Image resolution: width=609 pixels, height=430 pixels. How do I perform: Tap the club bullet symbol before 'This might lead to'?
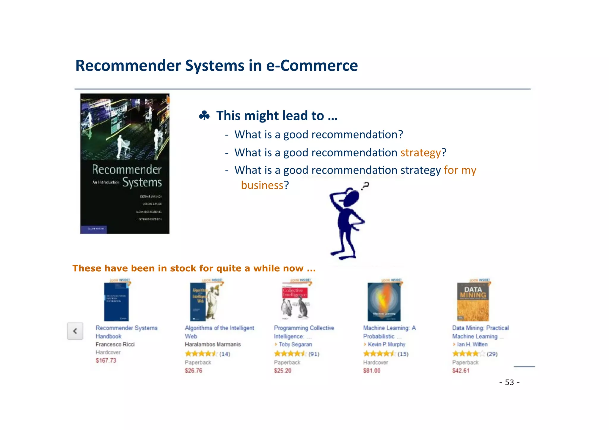[x=204, y=116]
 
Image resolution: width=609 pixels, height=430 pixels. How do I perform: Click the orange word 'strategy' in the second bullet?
[x=420, y=152]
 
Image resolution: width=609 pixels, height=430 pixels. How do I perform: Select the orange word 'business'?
[x=262, y=185]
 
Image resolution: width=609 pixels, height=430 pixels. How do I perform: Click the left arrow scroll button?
[x=75, y=331]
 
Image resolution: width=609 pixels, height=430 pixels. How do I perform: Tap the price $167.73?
[x=106, y=360]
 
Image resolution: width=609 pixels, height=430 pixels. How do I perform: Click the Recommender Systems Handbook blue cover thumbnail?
[x=116, y=301]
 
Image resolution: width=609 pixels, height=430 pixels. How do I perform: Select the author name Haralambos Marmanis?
[x=213, y=344]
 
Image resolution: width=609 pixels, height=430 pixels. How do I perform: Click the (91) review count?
[x=314, y=354]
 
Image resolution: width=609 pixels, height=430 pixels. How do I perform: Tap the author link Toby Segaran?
[x=295, y=344]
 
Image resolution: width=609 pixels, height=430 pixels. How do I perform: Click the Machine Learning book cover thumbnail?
[x=384, y=301]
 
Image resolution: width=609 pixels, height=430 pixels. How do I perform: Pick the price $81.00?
[x=371, y=371]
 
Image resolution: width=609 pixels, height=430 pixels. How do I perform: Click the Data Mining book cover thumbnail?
[x=473, y=301]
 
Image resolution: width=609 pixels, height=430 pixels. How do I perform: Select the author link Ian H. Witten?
[x=472, y=344]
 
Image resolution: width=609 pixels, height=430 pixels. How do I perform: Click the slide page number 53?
[x=509, y=382]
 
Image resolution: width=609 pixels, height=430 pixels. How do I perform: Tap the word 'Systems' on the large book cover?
[x=142, y=182]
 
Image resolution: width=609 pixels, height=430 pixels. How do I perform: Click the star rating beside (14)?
[x=201, y=354]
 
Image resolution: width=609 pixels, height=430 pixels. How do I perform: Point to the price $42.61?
[x=461, y=371]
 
